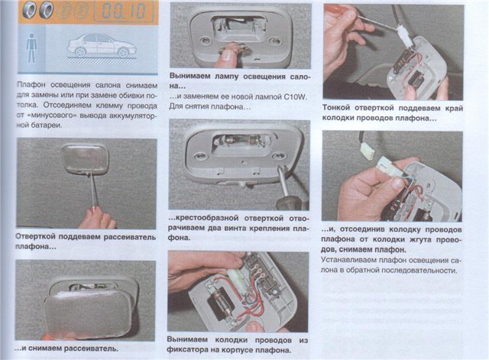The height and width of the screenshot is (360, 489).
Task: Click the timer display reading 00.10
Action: click(124, 11)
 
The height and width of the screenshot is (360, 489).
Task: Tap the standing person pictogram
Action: click(31, 48)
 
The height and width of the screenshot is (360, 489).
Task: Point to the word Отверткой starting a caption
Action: click(35, 237)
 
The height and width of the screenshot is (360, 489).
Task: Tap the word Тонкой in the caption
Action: click(336, 108)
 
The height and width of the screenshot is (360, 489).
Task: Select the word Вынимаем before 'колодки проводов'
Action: click(187, 339)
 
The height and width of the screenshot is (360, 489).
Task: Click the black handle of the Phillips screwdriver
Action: click(289, 201)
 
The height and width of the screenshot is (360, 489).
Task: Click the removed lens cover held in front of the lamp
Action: click(88, 312)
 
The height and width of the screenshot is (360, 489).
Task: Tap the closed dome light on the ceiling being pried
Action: click(85, 158)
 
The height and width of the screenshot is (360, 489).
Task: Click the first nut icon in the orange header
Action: click(30, 11)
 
